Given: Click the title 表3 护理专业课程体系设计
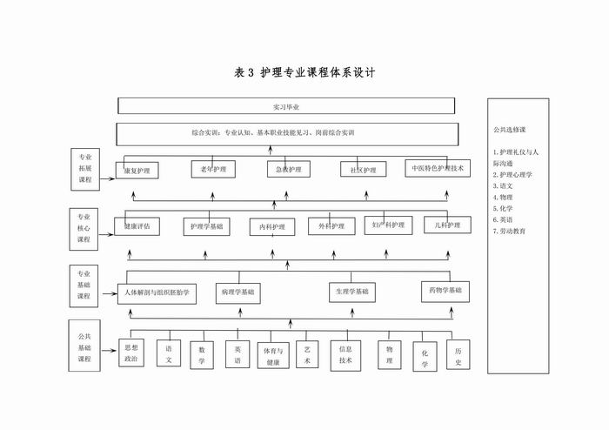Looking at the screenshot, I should click(304, 73).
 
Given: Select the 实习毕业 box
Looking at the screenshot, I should click(286, 106).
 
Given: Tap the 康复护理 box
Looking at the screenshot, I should click(137, 171).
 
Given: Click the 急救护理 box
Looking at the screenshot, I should click(289, 169).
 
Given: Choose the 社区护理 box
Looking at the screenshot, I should click(364, 170).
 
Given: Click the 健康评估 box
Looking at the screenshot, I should click(137, 226).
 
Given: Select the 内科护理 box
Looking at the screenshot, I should click(272, 227).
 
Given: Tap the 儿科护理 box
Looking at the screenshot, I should click(447, 226).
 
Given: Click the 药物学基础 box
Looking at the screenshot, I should click(445, 290).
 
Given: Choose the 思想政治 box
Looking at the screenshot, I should click(130, 352).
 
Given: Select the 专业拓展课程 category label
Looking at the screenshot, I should click(85, 170).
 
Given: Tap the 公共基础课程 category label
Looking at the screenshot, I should click(84, 346).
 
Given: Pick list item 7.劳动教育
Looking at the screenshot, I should click(509, 232).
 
